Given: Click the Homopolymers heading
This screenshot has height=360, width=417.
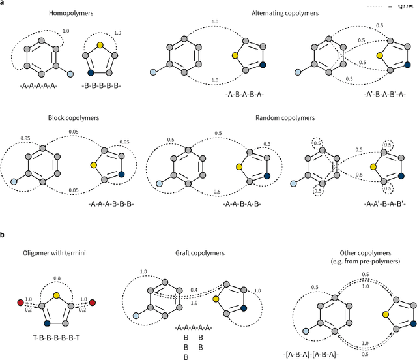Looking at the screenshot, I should tap(72, 12).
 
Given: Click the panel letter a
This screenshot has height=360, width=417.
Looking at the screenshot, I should tap(4, 3).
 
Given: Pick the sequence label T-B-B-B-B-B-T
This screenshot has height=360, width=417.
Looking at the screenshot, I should tap(55, 339).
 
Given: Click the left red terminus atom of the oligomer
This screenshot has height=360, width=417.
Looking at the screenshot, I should tap(14, 303).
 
